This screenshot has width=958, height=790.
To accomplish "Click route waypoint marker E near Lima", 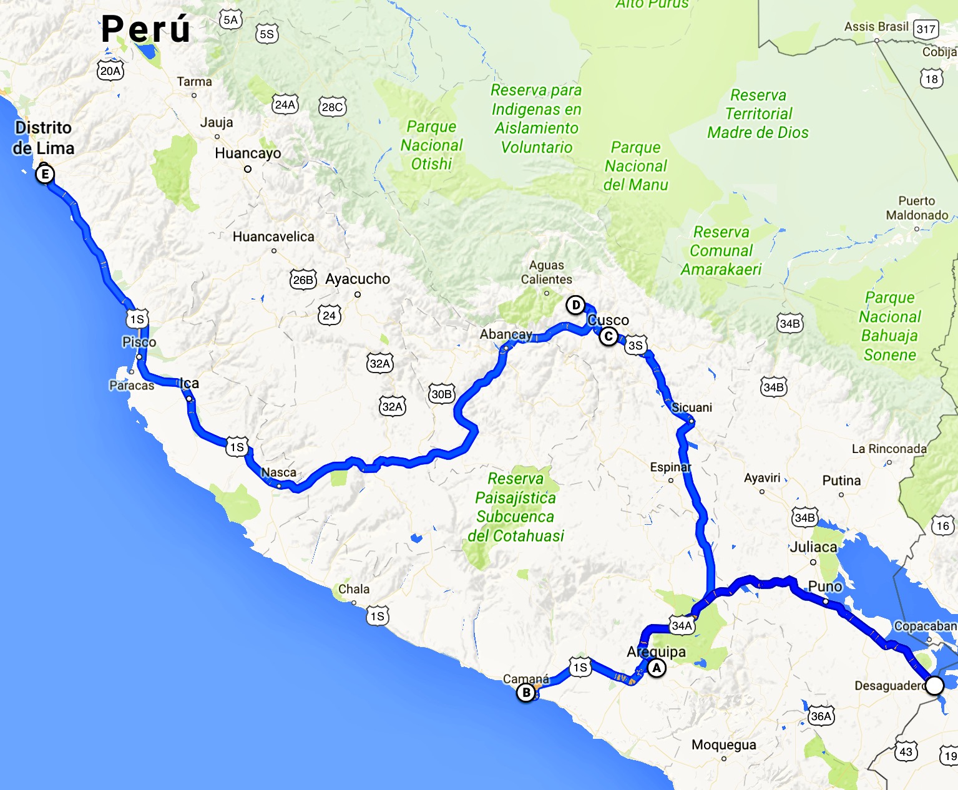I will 44,174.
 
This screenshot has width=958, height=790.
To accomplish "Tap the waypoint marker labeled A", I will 656,668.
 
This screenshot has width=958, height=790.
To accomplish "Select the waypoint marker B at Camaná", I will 526,693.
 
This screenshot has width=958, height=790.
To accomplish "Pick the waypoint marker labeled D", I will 575,305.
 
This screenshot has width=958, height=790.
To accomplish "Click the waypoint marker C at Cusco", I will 609,337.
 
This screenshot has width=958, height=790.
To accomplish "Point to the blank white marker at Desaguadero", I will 934,686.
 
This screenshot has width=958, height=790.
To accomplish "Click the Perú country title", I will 145,29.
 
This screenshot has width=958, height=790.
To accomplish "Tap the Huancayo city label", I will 248,154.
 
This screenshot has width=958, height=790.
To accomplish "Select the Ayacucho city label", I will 358,279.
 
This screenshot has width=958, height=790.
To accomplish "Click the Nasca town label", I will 278,472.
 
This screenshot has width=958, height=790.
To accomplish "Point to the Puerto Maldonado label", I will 917,208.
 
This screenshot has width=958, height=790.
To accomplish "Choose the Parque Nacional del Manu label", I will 636,166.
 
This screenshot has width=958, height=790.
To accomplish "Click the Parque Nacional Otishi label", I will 431,145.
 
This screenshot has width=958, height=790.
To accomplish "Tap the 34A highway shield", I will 682,625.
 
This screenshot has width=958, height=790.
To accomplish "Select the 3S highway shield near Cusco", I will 635,346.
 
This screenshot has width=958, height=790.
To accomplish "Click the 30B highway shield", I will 441,394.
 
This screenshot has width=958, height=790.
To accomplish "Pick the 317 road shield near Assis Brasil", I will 926,29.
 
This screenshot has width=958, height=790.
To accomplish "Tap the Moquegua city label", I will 724,745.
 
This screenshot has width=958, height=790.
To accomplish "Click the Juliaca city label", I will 813,547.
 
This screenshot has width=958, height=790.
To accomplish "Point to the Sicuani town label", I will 692,407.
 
